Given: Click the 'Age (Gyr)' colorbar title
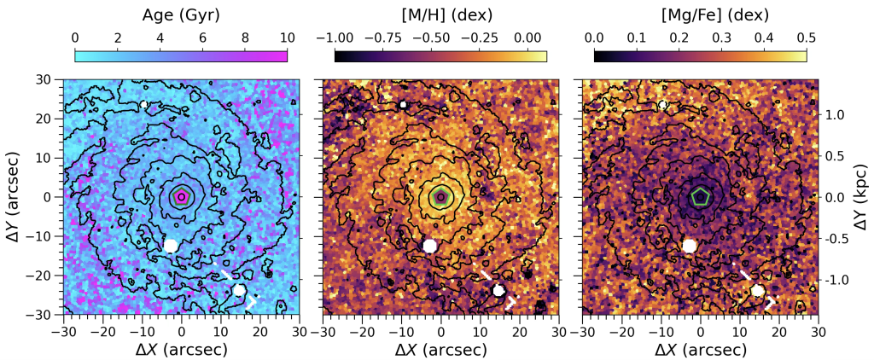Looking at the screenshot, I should tap(180, 15).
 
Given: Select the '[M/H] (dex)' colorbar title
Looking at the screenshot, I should tap(440, 15).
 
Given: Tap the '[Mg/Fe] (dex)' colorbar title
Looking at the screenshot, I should tap(700, 15).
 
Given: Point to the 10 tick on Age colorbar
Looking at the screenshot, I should tap(286, 38).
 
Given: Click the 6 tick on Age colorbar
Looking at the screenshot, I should tap(201, 38).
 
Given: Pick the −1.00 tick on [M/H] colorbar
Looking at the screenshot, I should tap(335, 38).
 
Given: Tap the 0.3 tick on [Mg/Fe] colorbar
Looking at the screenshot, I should tap(721, 38).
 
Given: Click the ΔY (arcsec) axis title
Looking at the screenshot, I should tap(16, 196).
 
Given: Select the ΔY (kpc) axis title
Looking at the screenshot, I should tap(863, 196).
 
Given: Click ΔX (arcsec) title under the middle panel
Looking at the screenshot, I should tap(440, 349).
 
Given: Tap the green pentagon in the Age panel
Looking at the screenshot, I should tap(181, 196).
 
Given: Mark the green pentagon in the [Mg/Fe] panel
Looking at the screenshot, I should tap(700, 196).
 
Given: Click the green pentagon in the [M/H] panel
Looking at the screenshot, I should tap(440, 196).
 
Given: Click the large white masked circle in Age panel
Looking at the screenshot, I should tap(171, 246).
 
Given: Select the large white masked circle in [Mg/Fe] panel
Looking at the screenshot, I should tap(690, 246).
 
